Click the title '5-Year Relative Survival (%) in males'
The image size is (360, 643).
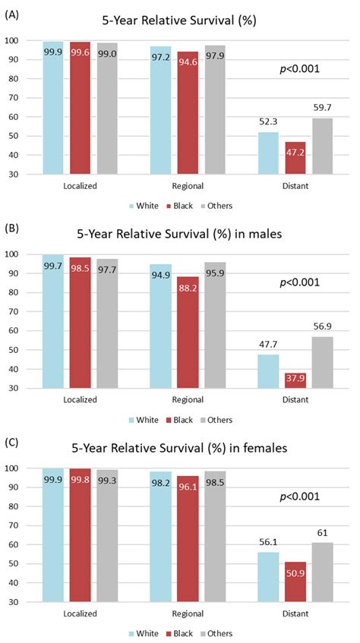coord(181,233)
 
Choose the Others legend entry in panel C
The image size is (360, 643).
coord(217,633)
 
